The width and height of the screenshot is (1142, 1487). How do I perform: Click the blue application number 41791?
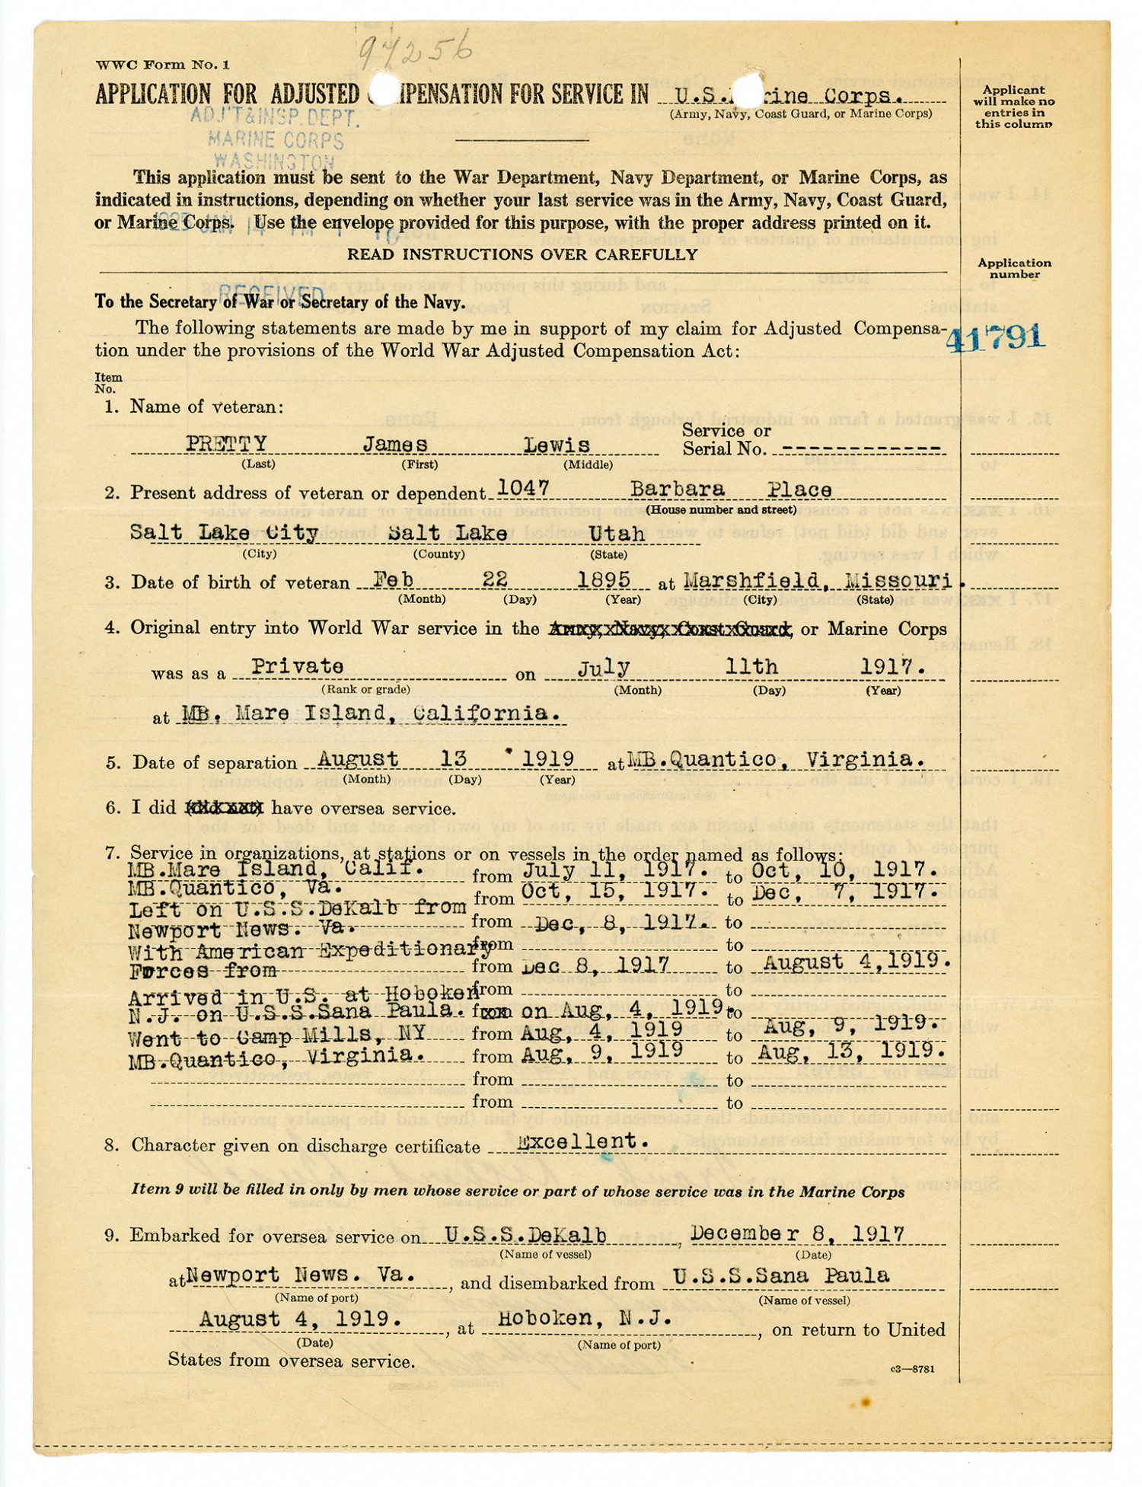click(x=996, y=336)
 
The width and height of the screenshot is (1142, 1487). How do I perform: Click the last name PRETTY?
click(x=226, y=444)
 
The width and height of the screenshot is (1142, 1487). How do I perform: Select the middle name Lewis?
click(x=557, y=445)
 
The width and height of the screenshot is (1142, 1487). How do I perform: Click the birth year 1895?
click(x=604, y=580)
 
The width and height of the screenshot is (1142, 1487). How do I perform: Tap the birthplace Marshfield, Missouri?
click(x=817, y=581)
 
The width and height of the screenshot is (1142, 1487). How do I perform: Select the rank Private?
click(x=298, y=666)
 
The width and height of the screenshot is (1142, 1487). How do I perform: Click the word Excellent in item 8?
click(x=582, y=1141)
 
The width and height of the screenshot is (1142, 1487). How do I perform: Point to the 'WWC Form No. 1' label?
click(x=162, y=65)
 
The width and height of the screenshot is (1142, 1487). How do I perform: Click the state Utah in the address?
click(x=617, y=534)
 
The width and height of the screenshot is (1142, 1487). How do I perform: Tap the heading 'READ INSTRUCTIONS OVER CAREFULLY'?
click(x=522, y=254)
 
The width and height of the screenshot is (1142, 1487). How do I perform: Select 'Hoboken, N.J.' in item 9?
click(x=585, y=1319)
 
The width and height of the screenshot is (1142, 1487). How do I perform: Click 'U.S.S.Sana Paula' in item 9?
click(x=780, y=1275)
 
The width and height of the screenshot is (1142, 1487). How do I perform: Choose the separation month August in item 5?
click(x=357, y=759)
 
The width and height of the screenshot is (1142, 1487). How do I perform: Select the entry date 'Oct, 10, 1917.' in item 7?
click(x=844, y=870)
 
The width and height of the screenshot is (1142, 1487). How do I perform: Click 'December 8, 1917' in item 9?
click(x=797, y=1233)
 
